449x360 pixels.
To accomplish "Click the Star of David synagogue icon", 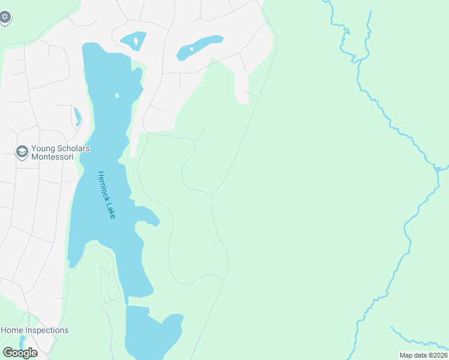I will [5, 17].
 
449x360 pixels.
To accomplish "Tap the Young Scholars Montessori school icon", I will [22, 151].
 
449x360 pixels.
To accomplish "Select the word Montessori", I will [52, 157].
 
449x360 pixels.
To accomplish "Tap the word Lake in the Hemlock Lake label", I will [112, 211].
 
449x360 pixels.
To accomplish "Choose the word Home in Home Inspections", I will [12, 330].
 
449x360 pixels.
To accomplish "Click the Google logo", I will [20, 353].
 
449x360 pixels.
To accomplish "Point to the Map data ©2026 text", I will [423, 355].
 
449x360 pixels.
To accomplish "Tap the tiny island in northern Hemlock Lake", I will [117, 95].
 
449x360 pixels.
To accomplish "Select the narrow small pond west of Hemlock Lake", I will [77, 116].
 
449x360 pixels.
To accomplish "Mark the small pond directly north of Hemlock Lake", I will [133, 41].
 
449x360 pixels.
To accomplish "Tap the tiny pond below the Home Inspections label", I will [23, 341].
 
